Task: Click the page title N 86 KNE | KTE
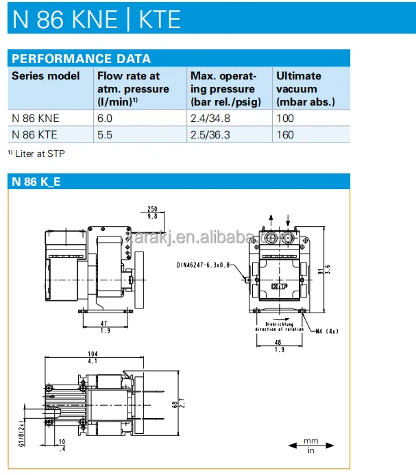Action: [x=96, y=19]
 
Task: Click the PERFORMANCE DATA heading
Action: [x=81, y=59]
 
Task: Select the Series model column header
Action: [x=45, y=76]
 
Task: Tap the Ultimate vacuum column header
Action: [x=305, y=88]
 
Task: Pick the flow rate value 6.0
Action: [x=105, y=118]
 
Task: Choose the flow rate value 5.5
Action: [x=105, y=134]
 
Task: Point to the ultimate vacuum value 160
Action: [x=285, y=134]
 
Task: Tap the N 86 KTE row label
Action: [x=34, y=134]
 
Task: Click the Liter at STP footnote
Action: [x=38, y=154]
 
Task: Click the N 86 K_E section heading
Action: [x=36, y=182]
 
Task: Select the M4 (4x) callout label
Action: [x=327, y=331]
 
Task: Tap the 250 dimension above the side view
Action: [x=151, y=209]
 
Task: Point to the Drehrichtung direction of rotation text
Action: [x=278, y=327]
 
